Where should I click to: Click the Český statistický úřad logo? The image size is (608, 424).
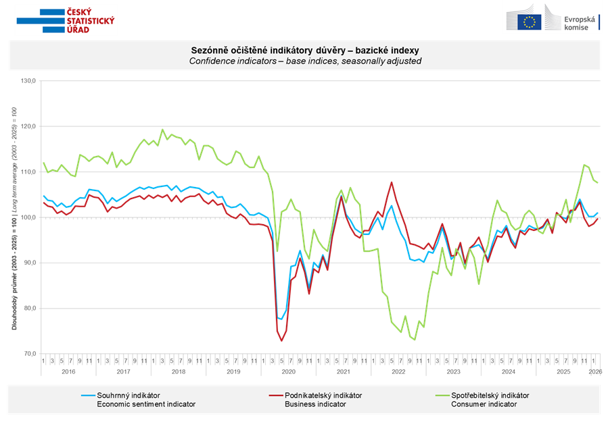[66, 20]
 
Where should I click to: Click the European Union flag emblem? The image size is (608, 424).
[530, 22]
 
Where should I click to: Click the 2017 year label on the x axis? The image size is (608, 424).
[123, 371]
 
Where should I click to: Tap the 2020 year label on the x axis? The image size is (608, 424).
[288, 371]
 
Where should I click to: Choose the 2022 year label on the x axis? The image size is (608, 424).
[398, 371]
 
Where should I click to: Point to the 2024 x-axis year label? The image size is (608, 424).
[508, 371]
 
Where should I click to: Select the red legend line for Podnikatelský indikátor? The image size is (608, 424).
[276, 395]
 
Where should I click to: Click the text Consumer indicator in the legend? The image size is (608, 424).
[484, 404]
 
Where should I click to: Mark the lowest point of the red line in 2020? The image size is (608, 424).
[282, 340]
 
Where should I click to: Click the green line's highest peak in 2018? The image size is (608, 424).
[162, 129]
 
